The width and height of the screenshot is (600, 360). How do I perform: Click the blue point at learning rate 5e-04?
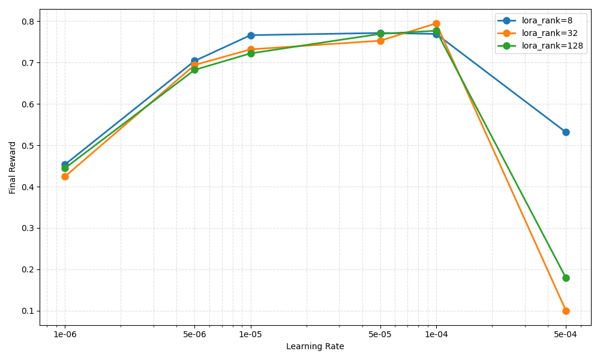pyautogui.click(x=566, y=132)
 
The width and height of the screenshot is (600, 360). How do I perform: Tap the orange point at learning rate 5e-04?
pyautogui.click(x=566, y=311)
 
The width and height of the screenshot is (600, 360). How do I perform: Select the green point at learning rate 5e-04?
pyautogui.click(x=566, y=278)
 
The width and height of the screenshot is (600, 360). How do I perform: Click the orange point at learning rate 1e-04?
pyautogui.click(x=436, y=24)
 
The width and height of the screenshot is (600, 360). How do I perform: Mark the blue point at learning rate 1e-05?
pyautogui.click(x=251, y=35)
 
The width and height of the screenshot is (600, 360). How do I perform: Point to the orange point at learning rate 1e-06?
pyautogui.click(x=65, y=176)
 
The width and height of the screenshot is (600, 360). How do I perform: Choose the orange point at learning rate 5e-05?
pyautogui.click(x=380, y=41)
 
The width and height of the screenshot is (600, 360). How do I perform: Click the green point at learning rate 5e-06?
pyautogui.click(x=194, y=70)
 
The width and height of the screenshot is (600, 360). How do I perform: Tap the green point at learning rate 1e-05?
pyautogui.click(x=251, y=53)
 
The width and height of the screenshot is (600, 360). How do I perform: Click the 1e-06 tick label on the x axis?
pyautogui.click(x=65, y=334)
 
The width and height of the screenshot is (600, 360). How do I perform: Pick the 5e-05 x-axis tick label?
pyautogui.click(x=380, y=334)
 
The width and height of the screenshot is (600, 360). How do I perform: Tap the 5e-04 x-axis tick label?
pyautogui.click(x=566, y=334)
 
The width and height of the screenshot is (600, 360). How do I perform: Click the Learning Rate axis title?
pyautogui.click(x=315, y=347)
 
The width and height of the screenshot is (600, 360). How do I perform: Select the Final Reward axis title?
pyautogui.click(x=13, y=167)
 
